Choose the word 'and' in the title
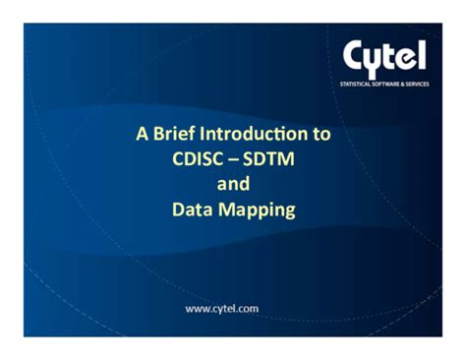coord(233,183)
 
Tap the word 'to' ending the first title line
coord(321,133)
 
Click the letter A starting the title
coord(142,133)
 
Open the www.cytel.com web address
coord(222,308)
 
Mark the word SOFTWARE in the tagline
coord(392,85)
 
